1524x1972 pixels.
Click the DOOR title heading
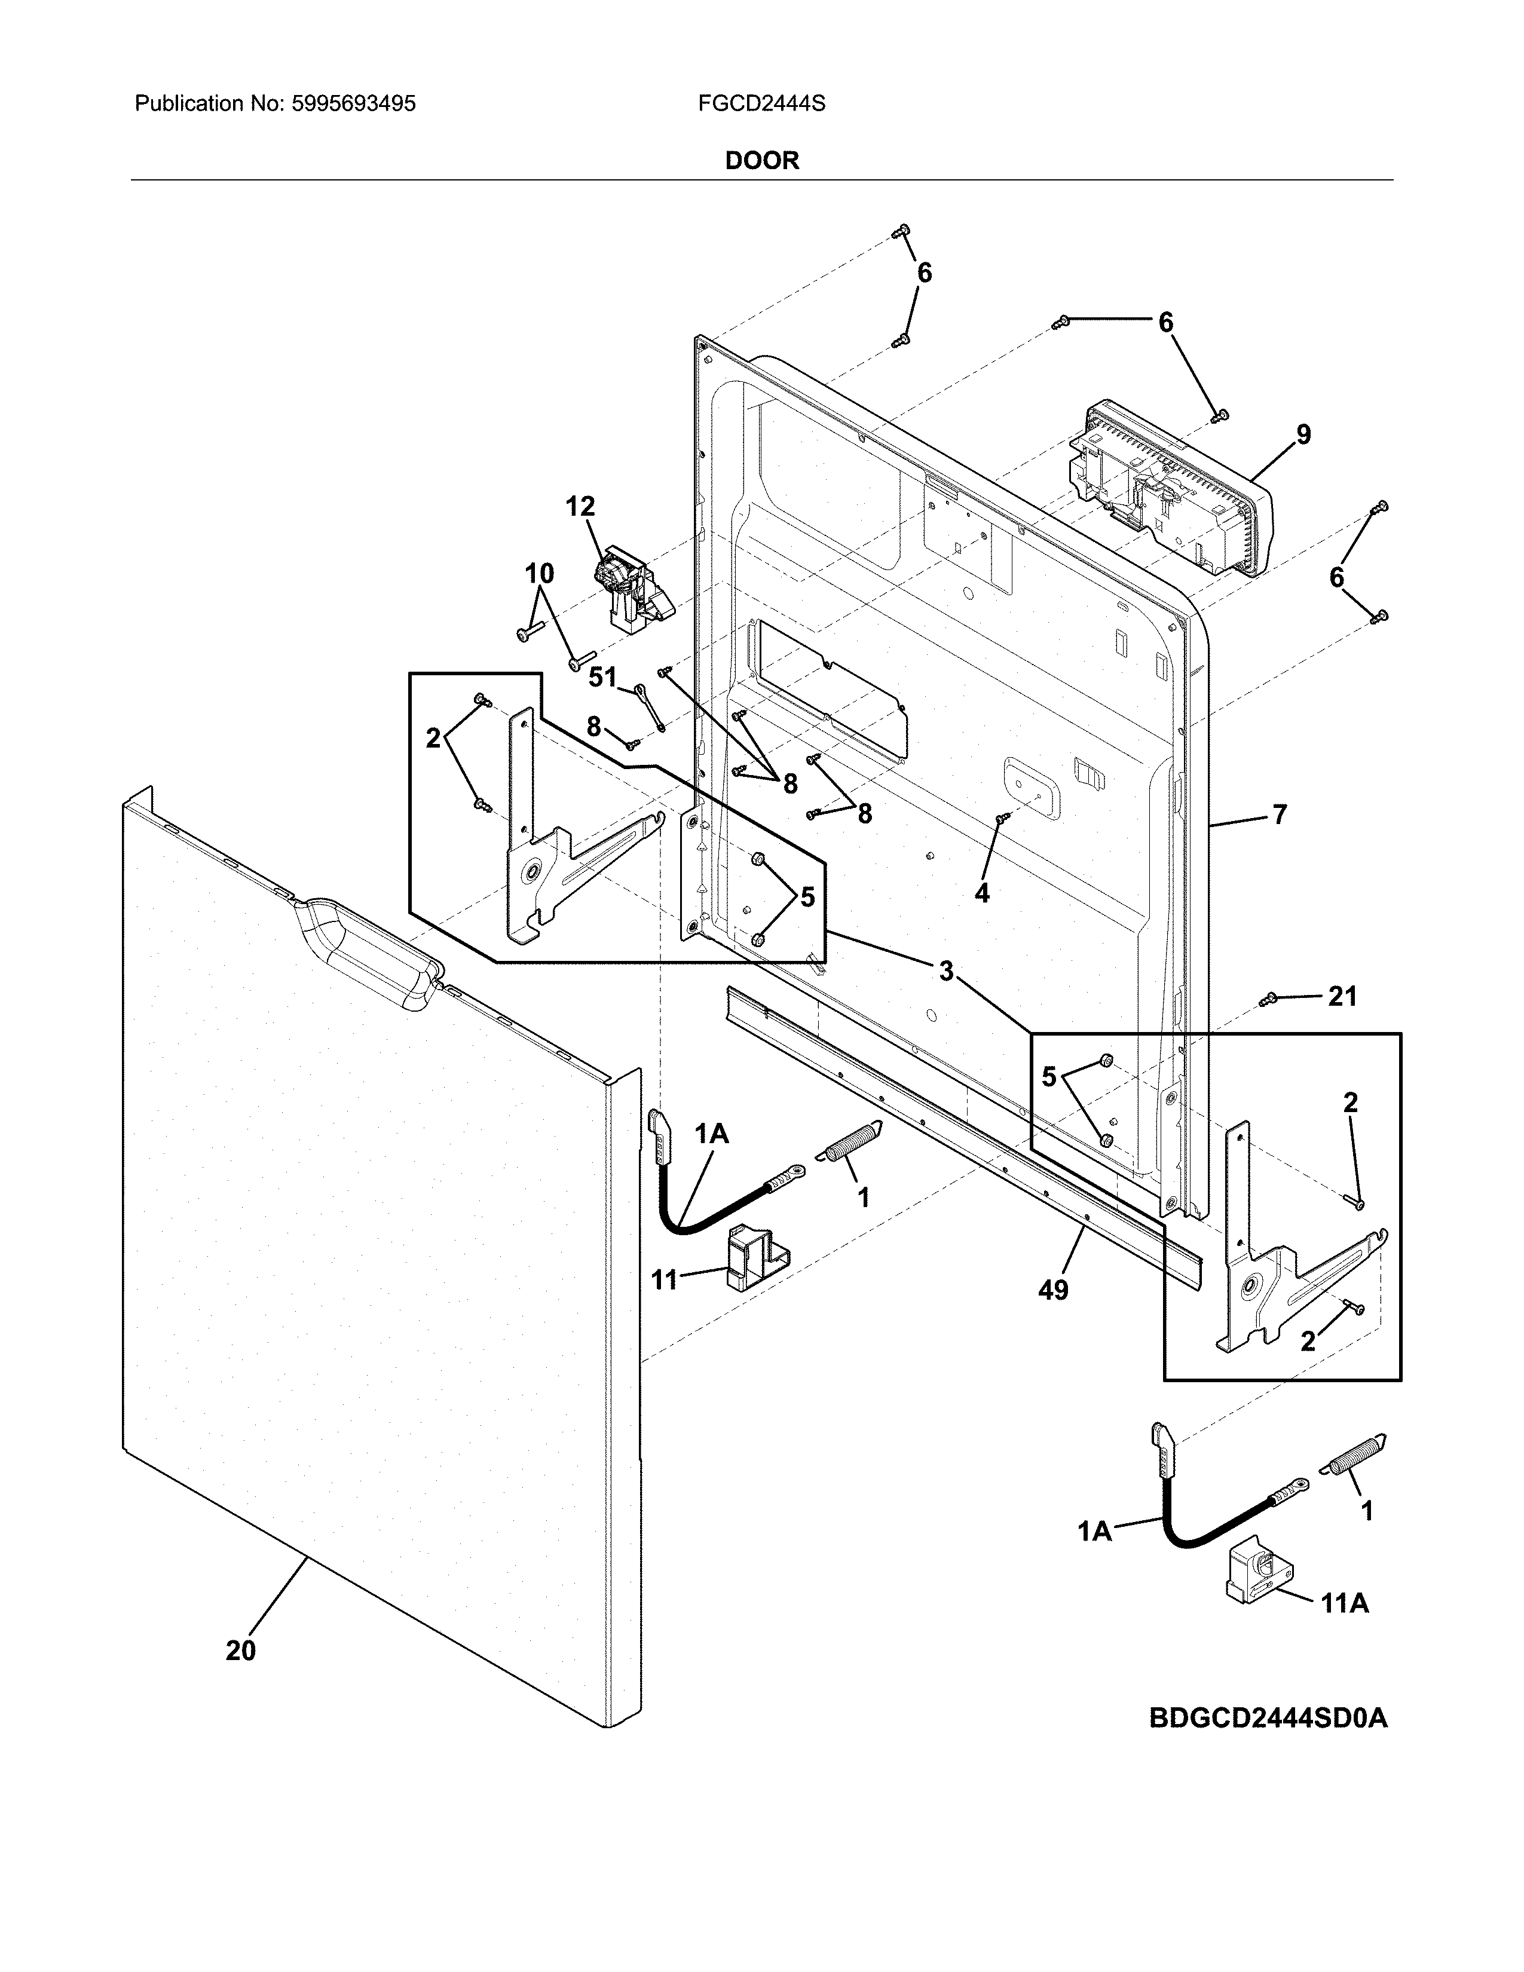[762, 161]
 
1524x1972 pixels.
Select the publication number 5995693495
[353, 104]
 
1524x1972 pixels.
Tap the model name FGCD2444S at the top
[761, 104]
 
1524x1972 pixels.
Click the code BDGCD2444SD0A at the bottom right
[1268, 1718]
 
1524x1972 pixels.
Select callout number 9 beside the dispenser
[1303, 434]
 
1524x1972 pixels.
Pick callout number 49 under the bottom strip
[1052, 1290]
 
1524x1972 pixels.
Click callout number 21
[1342, 996]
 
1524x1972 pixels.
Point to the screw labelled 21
[1268, 999]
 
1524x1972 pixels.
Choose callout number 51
[602, 677]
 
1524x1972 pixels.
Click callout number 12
[580, 507]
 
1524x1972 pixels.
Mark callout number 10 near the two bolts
[539, 573]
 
